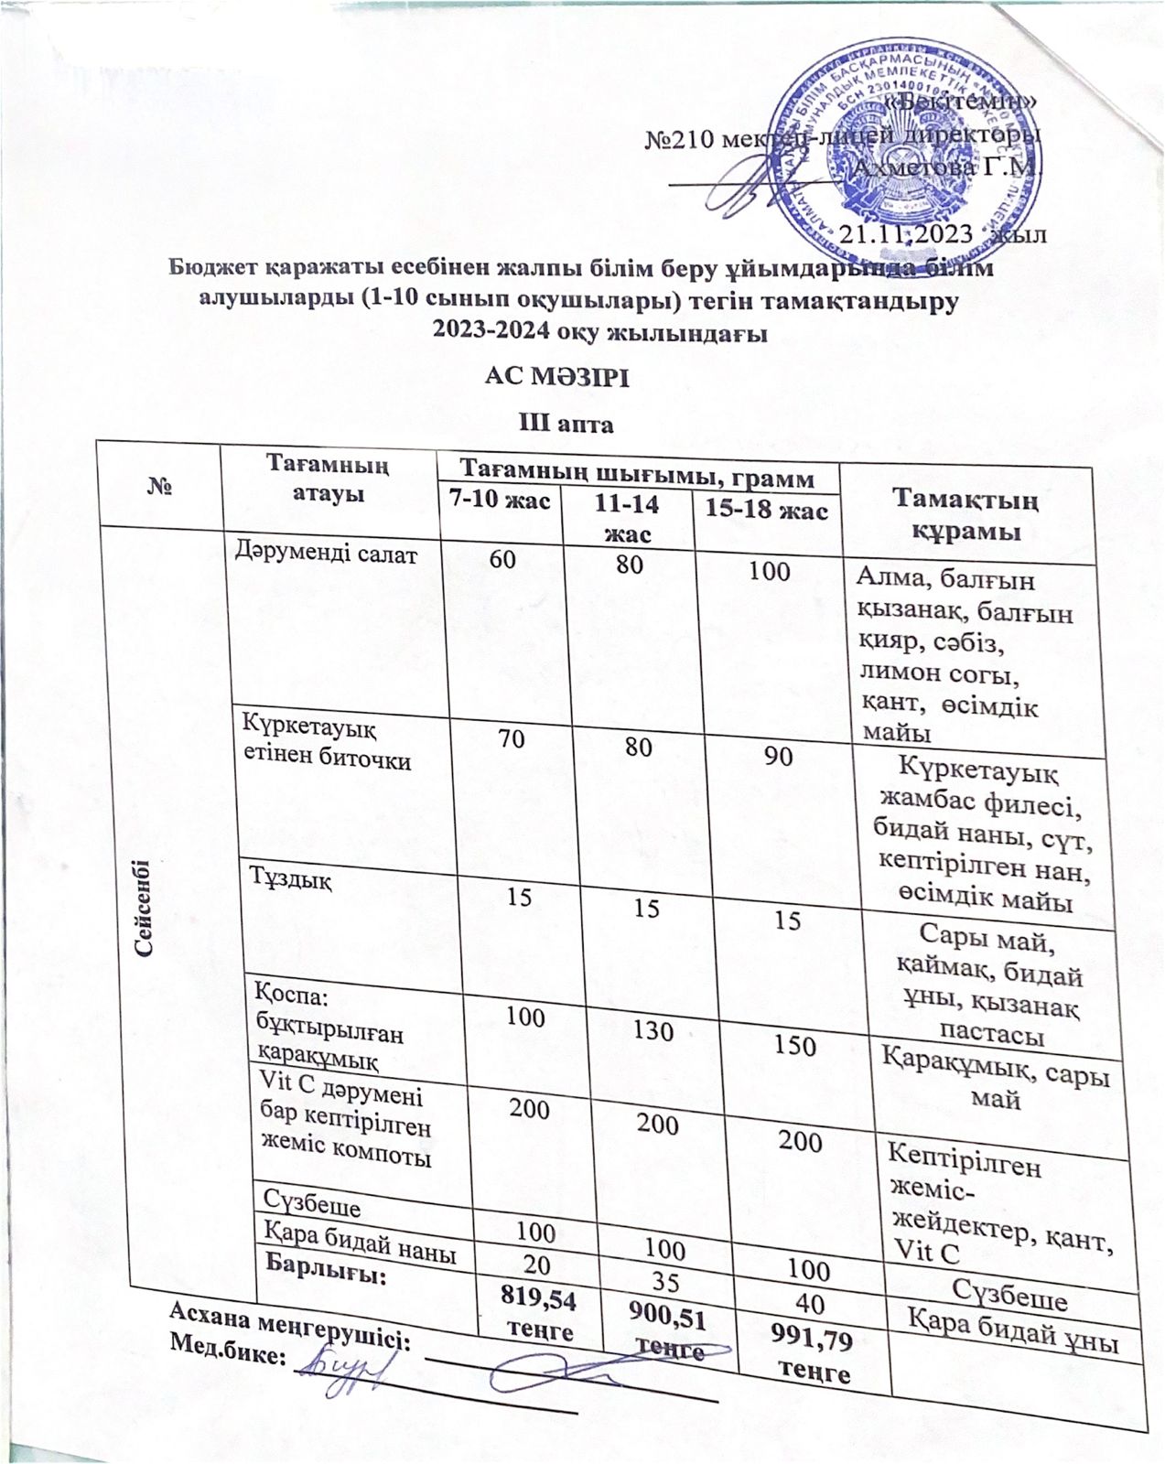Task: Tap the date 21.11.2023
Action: click(x=906, y=234)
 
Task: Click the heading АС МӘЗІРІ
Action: click(x=556, y=377)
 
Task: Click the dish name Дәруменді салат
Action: click(x=326, y=552)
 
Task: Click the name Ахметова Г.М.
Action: click(x=947, y=168)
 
